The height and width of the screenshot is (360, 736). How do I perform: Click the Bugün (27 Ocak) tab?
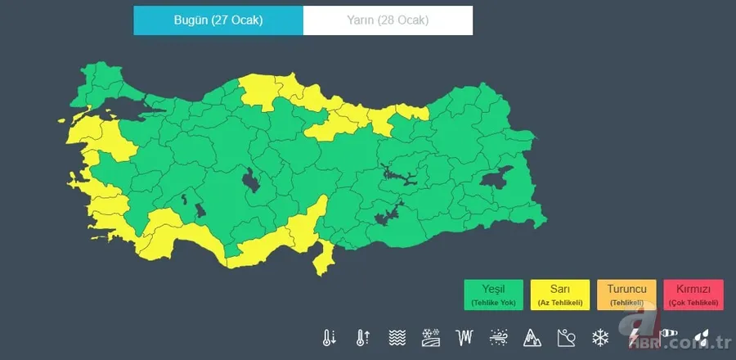click(x=218, y=20)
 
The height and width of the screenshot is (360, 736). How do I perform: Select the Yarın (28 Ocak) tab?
click(x=388, y=20)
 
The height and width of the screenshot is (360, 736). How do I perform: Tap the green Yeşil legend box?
click(x=494, y=295)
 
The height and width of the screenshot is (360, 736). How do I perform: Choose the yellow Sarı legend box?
click(x=560, y=295)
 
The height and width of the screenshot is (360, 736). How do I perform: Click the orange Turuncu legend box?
click(x=626, y=295)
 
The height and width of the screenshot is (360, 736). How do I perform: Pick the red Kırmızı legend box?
click(x=693, y=295)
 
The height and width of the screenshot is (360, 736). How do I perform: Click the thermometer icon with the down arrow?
click(x=330, y=337)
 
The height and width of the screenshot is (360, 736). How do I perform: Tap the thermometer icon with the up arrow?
click(x=363, y=337)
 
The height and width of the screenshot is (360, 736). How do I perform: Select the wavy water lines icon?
click(x=397, y=337)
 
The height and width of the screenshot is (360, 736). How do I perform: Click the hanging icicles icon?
click(x=465, y=337)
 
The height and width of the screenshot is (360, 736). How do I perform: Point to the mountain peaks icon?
click(x=532, y=337)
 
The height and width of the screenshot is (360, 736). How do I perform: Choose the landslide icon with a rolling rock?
click(x=567, y=337)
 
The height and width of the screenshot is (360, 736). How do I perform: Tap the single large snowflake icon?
click(x=600, y=337)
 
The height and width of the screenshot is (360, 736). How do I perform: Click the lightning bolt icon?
click(x=634, y=336)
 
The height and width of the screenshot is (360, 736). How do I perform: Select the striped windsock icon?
click(x=668, y=335)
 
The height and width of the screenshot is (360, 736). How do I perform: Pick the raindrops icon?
click(x=702, y=336)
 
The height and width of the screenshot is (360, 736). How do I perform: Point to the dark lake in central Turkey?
click(x=251, y=179)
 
